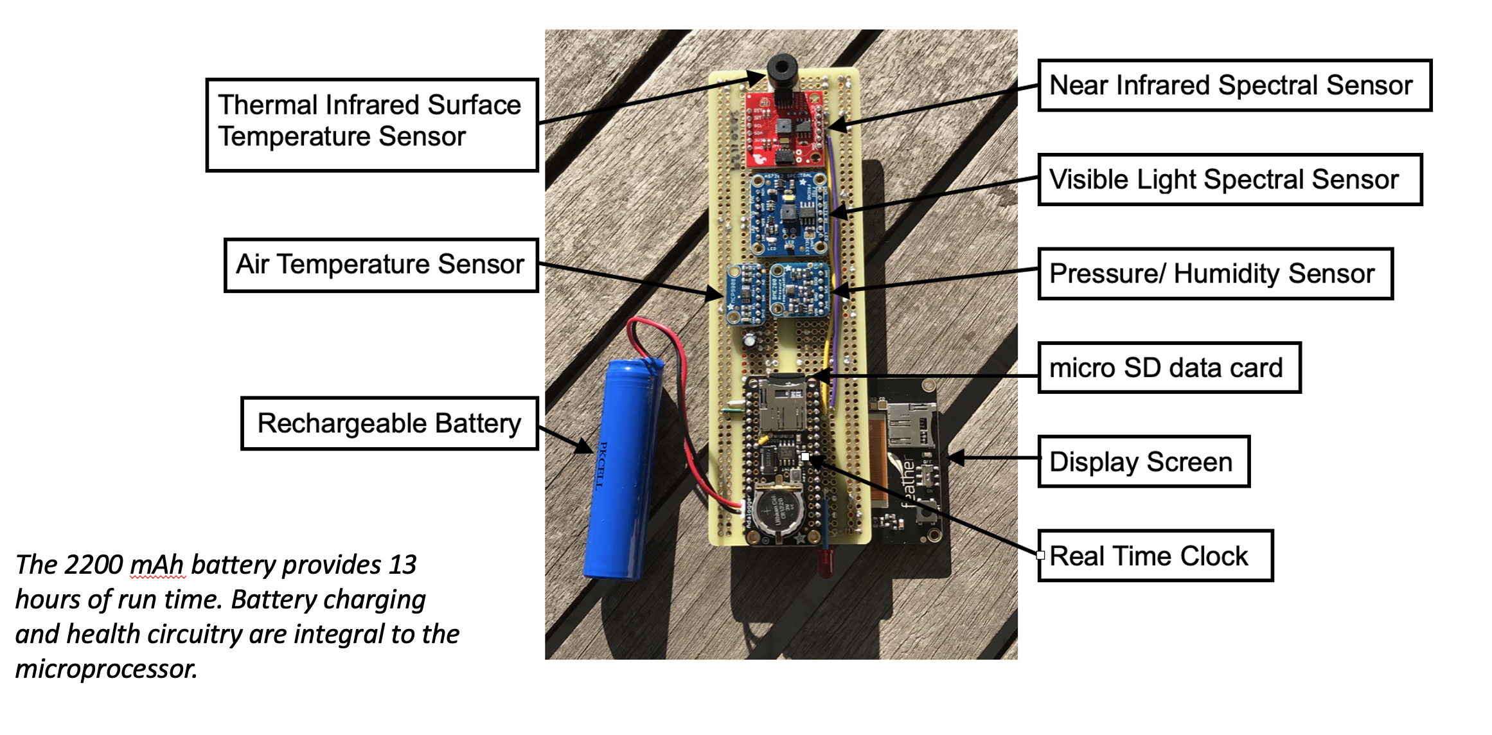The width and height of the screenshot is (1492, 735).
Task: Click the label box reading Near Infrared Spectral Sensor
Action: pos(1234,85)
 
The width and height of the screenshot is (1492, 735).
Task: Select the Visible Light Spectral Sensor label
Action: pos(1229,179)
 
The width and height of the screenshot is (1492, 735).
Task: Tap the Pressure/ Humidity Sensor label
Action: pos(1214,274)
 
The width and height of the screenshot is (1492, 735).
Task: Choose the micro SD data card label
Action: pos(1169,367)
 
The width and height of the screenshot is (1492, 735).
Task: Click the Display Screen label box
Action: pos(1143,462)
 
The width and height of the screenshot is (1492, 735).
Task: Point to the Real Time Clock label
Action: pos(1155,556)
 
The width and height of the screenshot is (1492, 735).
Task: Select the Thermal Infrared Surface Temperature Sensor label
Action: pos(371,125)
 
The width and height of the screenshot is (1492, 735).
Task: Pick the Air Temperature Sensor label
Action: pos(380,265)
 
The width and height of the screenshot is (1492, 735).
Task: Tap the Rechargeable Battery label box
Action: pos(389,423)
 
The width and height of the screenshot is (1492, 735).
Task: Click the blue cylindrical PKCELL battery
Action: pos(622,469)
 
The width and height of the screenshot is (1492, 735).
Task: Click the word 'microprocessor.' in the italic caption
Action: pos(106,669)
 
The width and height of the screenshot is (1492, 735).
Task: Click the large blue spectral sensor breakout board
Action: pos(790,214)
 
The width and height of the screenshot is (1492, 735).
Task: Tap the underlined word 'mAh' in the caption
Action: pos(157,565)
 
